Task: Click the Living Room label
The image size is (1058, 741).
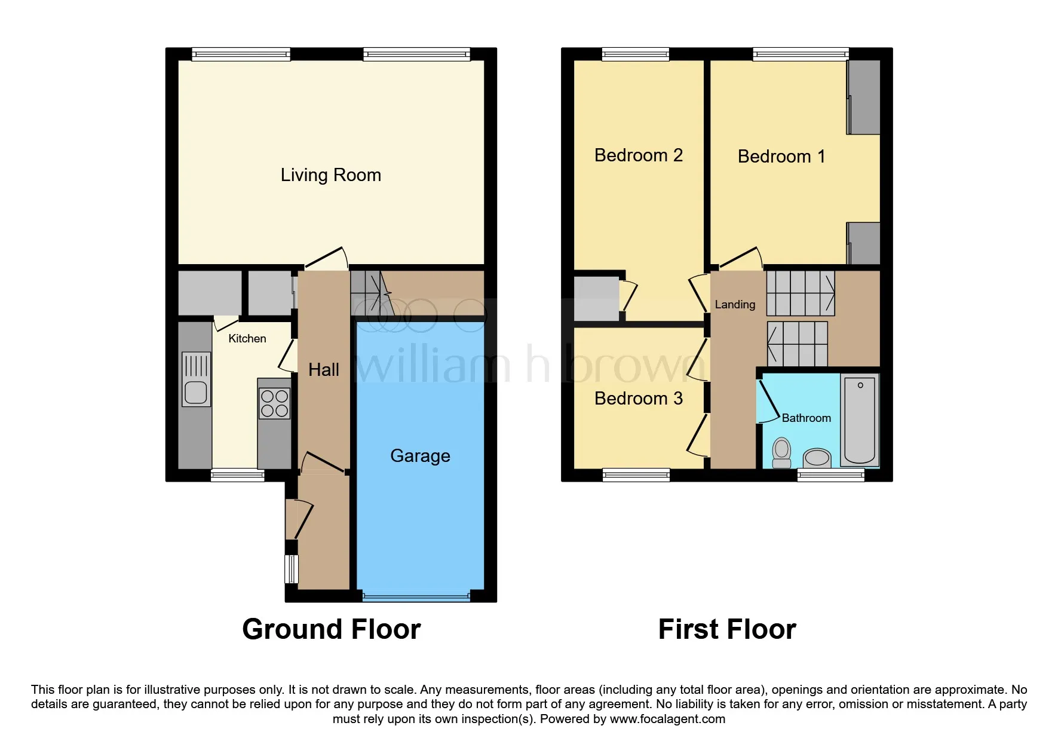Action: point(330,175)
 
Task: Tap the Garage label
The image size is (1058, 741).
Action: point(420,456)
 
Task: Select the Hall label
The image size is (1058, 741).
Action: point(324,370)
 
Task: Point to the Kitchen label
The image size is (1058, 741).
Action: point(247,339)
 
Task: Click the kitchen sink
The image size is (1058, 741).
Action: point(196,379)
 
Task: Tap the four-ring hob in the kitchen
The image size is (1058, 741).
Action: point(274,403)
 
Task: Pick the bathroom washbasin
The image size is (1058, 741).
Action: point(817,458)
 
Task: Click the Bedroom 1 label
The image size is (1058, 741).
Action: point(781,157)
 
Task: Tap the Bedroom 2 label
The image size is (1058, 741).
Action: point(638,155)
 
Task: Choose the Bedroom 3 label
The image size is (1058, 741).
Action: point(638,399)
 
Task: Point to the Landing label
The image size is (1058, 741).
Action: point(735,305)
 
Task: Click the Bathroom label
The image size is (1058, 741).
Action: point(806,418)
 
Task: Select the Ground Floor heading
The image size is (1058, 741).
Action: point(332,629)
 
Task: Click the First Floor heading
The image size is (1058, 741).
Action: point(727,629)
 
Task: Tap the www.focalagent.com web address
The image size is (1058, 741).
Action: point(667,719)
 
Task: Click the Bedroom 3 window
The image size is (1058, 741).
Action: point(636,475)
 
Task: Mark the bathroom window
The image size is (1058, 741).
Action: point(831,475)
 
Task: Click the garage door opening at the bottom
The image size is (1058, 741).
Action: point(416,596)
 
